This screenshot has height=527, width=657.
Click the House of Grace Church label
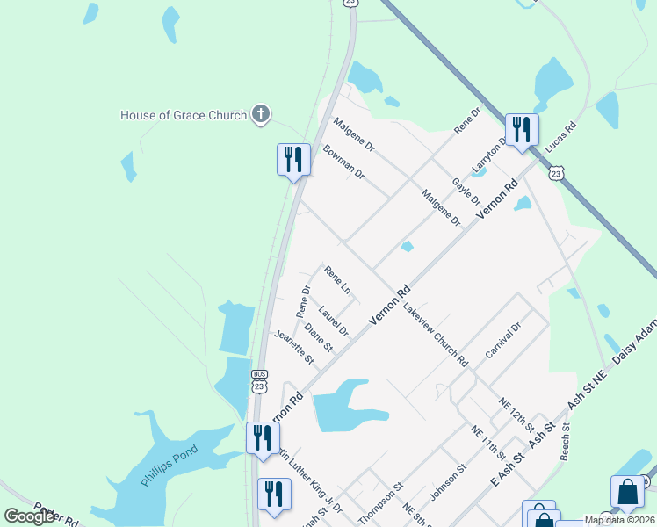click(x=184, y=115)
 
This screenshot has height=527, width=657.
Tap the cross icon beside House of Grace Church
click(x=260, y=114)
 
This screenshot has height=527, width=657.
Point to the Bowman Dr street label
click(x=343, y=162)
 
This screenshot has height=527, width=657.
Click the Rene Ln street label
click(x=337, y=280)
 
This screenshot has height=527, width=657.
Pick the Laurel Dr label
click(x=334, y=321)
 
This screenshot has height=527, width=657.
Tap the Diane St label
click(x=318, y=338)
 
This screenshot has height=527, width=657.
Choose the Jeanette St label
click(x=293, y=347)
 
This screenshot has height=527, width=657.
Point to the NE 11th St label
click(x=488, y=443)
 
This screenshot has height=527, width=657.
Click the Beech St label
click(x=566, y=443)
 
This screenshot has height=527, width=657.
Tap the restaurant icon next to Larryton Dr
click(x=522, y=130)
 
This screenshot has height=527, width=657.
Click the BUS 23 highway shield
click(x=258, y=380)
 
